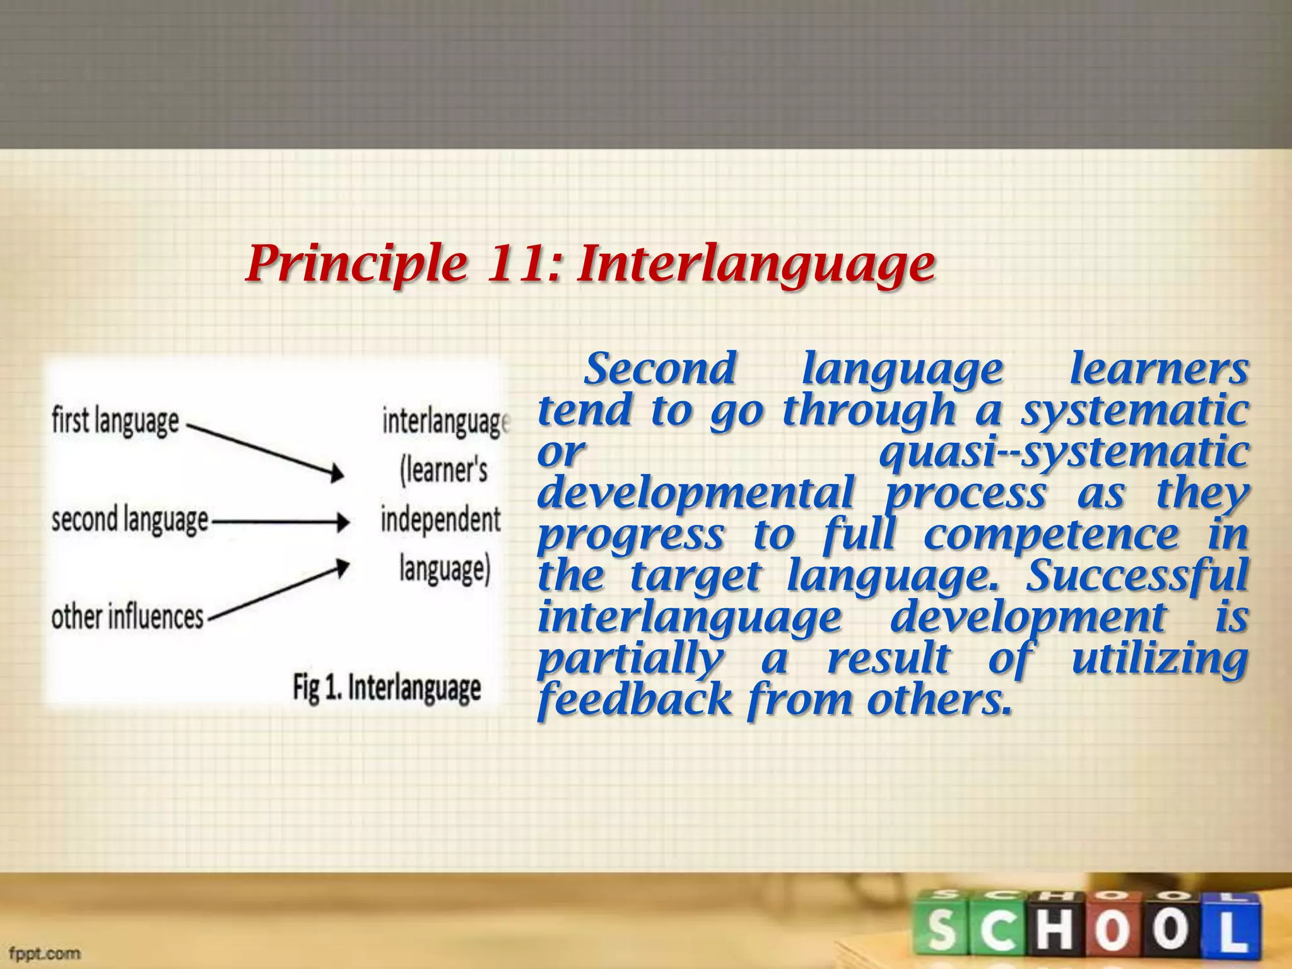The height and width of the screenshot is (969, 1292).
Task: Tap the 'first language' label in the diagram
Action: [115, 421]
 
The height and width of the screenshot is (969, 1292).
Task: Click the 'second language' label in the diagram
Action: [130, 520]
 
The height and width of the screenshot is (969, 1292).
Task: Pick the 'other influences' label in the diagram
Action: [127, 616]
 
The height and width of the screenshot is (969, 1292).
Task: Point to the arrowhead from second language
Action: [343, 522]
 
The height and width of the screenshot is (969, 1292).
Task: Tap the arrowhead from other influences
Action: [341, 567]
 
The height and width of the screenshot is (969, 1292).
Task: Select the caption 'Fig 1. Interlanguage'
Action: [386, 688]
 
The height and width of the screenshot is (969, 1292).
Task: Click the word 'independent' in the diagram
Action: [440, 520]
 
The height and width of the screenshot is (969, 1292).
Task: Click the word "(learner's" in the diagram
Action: [443, 471]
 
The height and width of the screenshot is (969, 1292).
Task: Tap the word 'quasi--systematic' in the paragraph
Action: [1064, 453]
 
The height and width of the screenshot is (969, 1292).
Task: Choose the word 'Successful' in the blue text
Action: [1136, 576]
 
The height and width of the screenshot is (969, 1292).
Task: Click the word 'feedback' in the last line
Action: [634, 700]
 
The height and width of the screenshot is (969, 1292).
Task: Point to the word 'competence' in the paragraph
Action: [1050, 535]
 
